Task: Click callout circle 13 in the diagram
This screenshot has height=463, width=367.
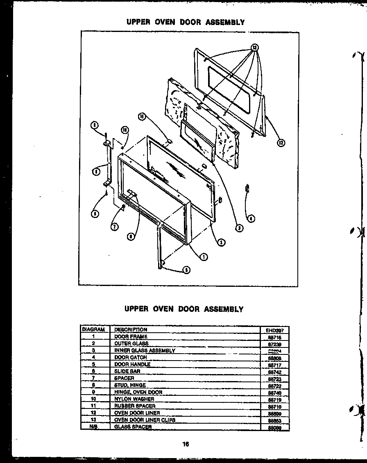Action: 255,48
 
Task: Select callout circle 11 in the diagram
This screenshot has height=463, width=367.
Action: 142,117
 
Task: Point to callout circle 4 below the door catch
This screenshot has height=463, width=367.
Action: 250,218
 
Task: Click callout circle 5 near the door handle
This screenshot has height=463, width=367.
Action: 186,270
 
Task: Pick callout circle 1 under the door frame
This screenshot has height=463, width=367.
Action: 204,257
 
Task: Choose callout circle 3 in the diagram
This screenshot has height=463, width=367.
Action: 239,228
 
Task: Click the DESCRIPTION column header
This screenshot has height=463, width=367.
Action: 131,329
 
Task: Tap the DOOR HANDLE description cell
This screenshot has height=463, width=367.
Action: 132,364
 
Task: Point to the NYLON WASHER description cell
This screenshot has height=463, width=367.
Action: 134,399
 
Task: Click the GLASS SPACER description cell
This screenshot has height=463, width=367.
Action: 133,427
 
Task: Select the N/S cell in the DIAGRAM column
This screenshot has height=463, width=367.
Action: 93,427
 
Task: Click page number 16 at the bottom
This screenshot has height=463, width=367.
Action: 186,444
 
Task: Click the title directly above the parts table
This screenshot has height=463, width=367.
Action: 184,309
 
